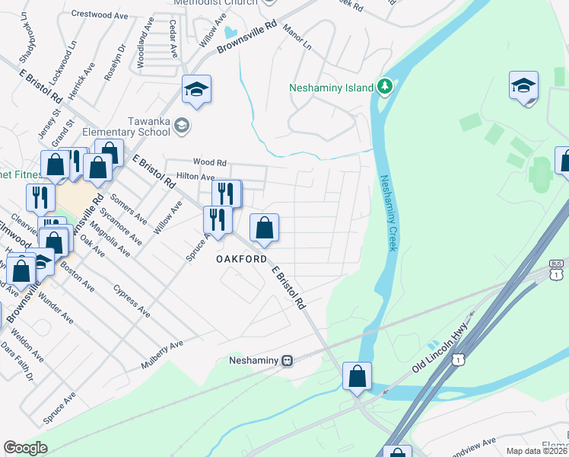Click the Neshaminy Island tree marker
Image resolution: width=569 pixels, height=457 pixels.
click(385, 87)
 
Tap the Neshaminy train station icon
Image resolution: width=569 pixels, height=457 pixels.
click(287, 360)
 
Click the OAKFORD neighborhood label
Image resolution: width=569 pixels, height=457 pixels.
click(242, 259)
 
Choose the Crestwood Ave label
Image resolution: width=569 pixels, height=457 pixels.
click(99, 14)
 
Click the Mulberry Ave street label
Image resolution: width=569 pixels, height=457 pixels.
click(162, 356)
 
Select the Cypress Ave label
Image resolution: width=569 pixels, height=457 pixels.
click(132, 301)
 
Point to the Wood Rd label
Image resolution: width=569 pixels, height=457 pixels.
click(210, 162)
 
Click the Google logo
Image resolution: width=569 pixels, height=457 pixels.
click(25, 448)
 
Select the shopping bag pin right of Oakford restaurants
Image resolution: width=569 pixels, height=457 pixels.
click(264, 228)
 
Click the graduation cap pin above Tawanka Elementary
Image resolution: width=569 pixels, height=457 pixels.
click(195, 90)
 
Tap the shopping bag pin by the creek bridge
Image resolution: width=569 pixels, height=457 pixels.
click(357, 376)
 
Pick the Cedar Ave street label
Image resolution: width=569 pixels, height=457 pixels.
click(173, 40)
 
